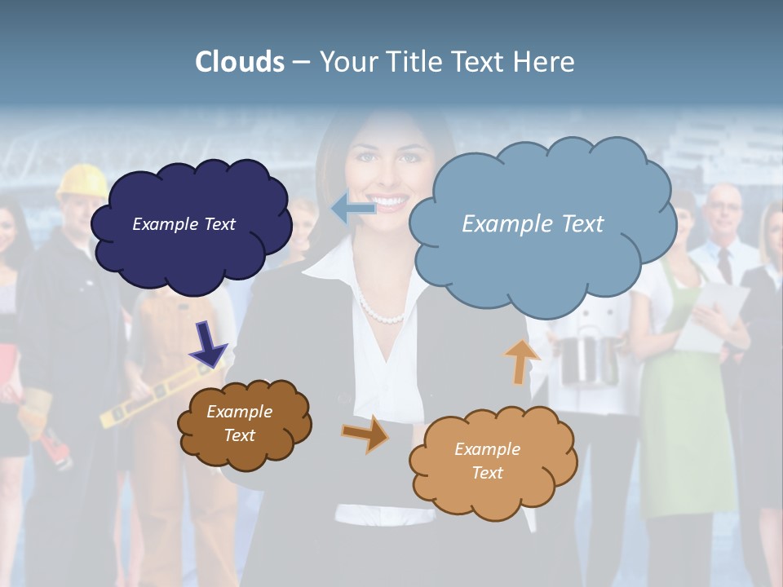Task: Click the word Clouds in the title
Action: click(240, 62)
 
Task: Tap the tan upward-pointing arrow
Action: click(520, 360)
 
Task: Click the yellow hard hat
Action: click(82, 179)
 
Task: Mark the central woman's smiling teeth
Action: click(390, 201)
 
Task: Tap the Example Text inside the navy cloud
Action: click(184, 224)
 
